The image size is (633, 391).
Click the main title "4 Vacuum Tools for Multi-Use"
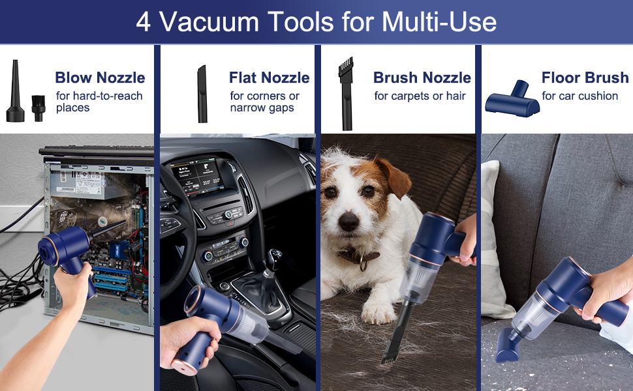click(x=316, y=22)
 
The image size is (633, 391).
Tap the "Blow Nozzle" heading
click(x=100, y=78)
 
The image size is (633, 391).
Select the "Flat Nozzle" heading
click(x=270, y=78)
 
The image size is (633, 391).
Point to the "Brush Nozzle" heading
click(x=422, y=78)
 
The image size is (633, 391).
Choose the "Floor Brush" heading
click(x=585, y=78)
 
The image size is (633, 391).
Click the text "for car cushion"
click(x=579, y=96)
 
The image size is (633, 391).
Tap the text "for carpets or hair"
click(x=420, y=96)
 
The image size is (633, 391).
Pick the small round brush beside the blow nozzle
click(x=39, y=108)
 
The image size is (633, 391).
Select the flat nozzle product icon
click(x=202, y=94)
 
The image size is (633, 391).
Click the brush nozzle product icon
click(x=346, y=94)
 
